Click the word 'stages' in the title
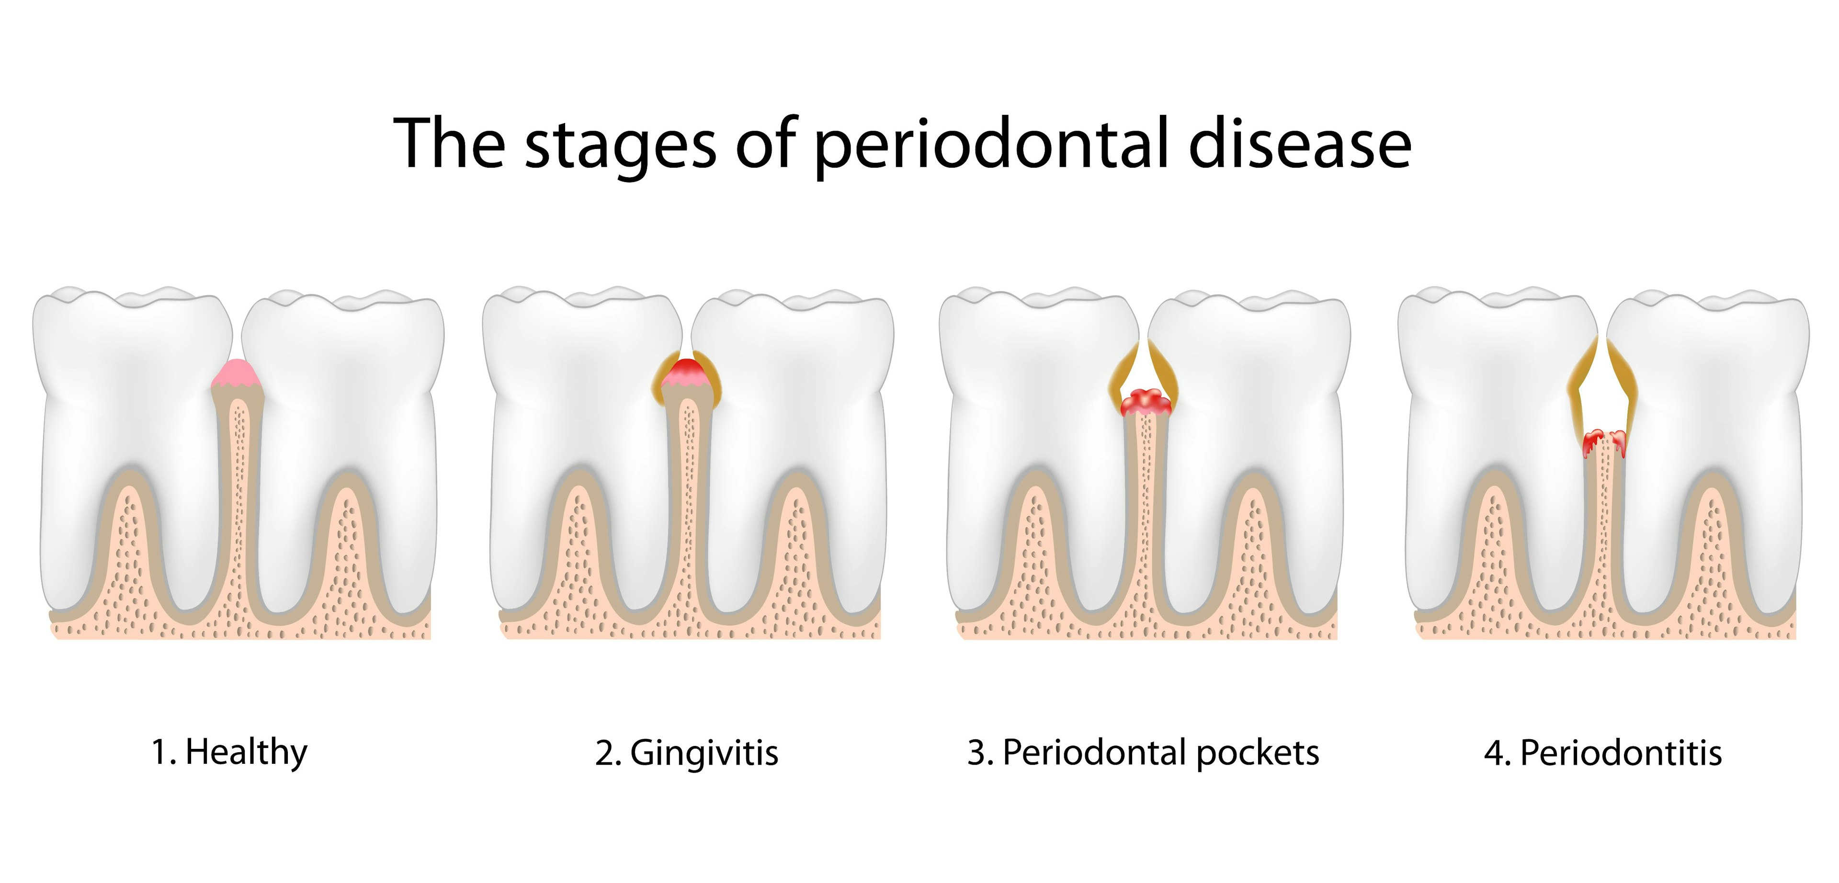(620, 145)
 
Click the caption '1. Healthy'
(229, 752)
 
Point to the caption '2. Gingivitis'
(686, 752)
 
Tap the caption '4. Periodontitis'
(1603, 752)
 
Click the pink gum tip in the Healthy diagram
(238, 372)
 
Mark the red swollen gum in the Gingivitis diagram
(687, 370)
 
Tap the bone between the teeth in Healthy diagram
(238, 499)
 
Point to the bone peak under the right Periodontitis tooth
(1714, 543)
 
